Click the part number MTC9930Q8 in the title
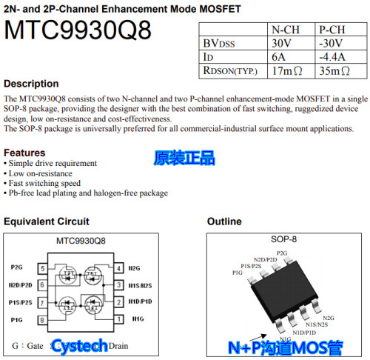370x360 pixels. pyautogui.click(x=78, y=32)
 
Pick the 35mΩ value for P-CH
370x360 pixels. pyautogui.click(x=334, y=70)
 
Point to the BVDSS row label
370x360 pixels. pyautogui.click(x=220, y=43)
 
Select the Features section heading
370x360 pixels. pyautogui.click(x=28, y=153)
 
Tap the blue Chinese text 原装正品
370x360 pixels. pyautogui.click(x=184, y=158)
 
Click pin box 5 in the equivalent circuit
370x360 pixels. pyautogui.click(x=43, y=267)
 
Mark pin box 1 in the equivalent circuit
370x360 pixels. pyautogui.click(x=118, y=319)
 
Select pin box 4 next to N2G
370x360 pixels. pyautogui.click(x=118, y=267)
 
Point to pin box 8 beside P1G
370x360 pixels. pyautogui.click(x=43, y=319)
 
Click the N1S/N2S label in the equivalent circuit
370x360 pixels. pyautogui.click(x=141, y=285)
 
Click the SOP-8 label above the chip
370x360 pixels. pyautogui.click(x=283, y=239)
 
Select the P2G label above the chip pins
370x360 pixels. pyautogui.click(x=281, y=253)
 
